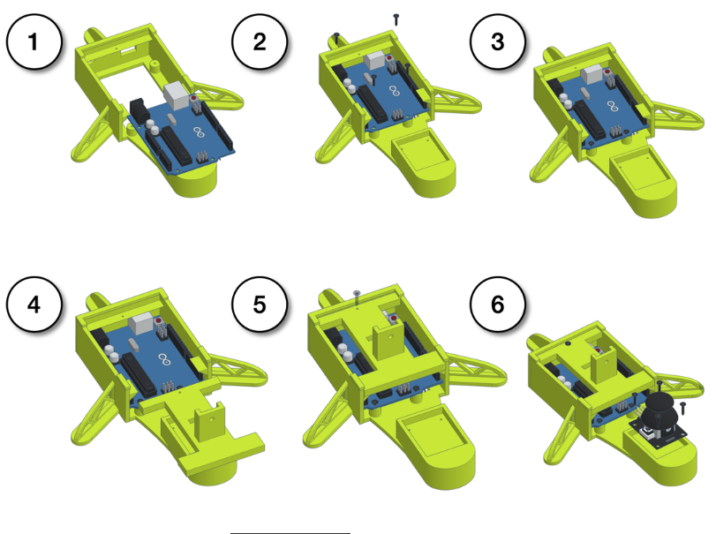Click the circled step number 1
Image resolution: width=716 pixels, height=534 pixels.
pos(34,41)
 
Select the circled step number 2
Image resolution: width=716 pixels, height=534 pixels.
pos(260,41)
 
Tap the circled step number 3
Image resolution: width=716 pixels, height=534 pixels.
pos(497,41)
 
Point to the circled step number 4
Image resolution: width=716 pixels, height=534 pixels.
pos(34,304)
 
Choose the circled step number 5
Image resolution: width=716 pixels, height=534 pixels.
pos(260,304)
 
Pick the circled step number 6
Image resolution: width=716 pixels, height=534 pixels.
pos(497,304)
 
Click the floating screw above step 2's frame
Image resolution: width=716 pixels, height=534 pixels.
pos(396,19)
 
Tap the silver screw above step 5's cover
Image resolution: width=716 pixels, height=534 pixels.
pos(356,297)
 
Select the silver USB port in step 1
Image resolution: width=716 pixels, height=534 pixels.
pos(176,96)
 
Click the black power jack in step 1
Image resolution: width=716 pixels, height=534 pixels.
pos(139,109)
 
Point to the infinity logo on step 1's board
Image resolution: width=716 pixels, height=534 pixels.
pos(199,132)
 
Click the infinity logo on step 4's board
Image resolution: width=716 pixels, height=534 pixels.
pos(163,359)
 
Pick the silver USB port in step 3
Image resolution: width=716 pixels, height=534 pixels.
pos(592,74)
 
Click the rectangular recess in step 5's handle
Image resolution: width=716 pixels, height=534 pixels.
pos(432,431)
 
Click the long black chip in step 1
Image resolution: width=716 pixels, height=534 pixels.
pos(177,145)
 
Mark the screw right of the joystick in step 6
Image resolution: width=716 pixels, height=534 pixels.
pos(682,408)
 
